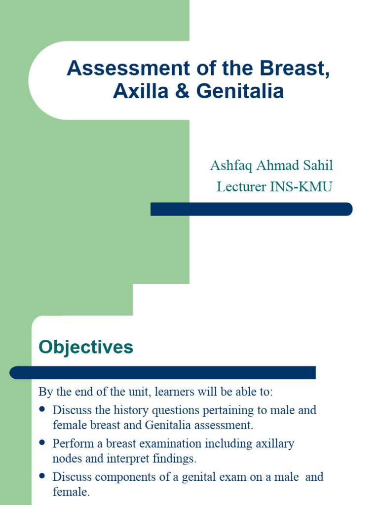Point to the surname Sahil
point(318,166)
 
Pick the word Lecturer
point(238,187)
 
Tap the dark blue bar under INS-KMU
point(251,209)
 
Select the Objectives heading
point(86,347)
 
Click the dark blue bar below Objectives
point(162,372)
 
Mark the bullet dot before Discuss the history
point(42,409)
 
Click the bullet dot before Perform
point(42,443)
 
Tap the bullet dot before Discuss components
point(42,476)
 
